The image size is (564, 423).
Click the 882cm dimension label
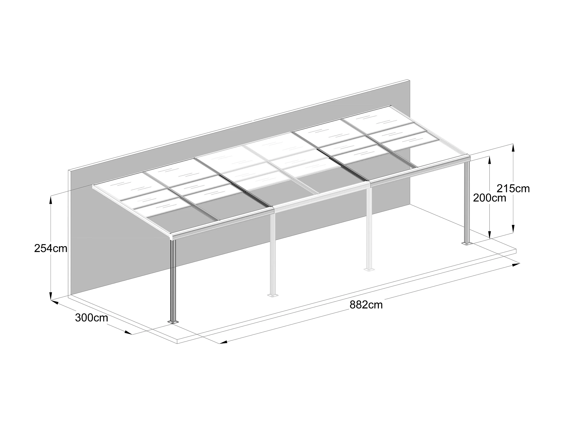pos(366,305)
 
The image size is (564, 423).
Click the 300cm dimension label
pos(92,318)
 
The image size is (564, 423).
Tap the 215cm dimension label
pos(513,189)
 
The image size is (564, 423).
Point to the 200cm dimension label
pos(489,198)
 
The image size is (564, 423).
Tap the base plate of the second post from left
pos(273,295)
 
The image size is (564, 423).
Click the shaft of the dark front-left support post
pos(173,280)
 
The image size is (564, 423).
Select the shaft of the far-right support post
pos(467,201)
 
